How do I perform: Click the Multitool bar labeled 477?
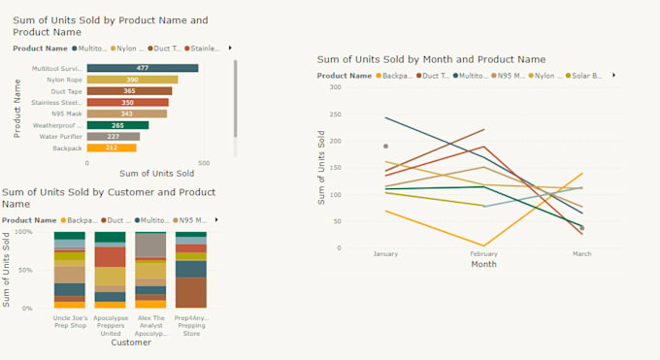tap(142, 68)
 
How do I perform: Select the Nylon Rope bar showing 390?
tap(132, 80)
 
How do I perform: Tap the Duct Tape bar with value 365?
tap(129, 91)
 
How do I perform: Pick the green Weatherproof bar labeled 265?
tap(117, 125)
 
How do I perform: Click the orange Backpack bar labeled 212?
tap(112, 148)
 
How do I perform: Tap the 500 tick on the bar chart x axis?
tap(203, 164)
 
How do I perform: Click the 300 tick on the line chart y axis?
tap(335, 87)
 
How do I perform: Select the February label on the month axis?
tap(482, 254)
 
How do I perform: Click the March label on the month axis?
tap(581, 254)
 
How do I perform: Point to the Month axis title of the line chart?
tap(483, 264)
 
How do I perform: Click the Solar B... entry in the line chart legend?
tap(590, 75)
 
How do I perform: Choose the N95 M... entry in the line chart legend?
tap(511, 75)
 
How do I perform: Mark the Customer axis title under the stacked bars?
tap(130, 343)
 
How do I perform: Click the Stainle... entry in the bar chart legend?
tap(205, 48)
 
